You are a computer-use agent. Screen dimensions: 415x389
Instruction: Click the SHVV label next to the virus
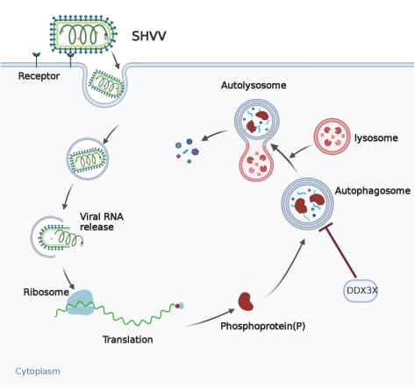click(149, 36)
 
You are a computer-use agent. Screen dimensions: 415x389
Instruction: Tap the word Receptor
click(39, 76)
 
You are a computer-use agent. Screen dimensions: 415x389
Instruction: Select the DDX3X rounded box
click(361, 291)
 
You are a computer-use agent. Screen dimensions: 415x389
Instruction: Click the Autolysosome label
click(254, 85)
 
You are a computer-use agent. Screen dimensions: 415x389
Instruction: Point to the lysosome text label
click(376, 138)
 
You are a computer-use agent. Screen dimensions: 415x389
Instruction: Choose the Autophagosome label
click(373, 191)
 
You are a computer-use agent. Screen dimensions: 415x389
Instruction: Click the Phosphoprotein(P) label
click(263, 326)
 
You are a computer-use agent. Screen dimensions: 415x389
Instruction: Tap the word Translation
click(128, 339)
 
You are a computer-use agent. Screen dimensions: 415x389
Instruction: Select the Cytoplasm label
click(38, 371)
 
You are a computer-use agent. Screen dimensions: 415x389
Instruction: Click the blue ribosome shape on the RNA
click(80, 302)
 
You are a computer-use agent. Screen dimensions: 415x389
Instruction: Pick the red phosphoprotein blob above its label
click(246, 301)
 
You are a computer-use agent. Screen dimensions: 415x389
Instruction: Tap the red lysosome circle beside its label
click(332, 137)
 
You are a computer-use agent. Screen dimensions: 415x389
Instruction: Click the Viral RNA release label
click(102, 222)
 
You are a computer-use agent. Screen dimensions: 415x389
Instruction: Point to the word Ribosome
click(47, 292)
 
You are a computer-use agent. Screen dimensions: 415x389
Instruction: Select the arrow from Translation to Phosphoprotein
click(211, 319)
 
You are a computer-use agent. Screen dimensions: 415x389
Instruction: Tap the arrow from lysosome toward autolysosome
click(301, 152)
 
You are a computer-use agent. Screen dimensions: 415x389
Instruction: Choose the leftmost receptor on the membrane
click(37, 60)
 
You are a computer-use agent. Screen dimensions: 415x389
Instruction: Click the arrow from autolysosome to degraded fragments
click(215, 135)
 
